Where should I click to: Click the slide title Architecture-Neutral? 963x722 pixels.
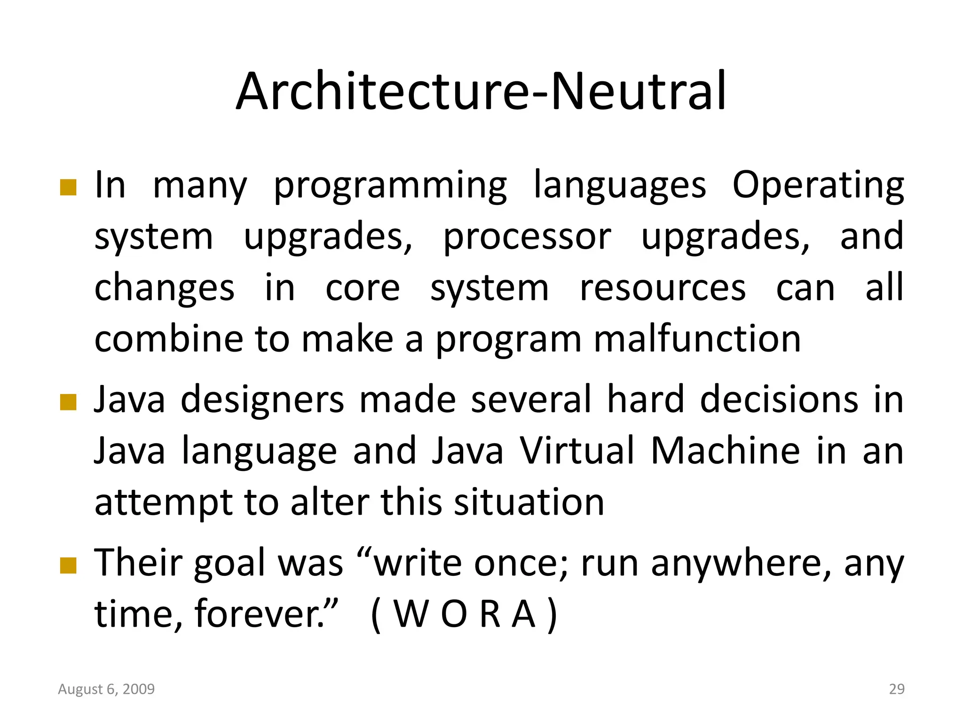coord(481,91)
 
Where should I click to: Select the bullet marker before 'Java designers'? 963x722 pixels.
coord(68,402)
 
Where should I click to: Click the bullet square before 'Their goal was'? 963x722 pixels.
coord(68,565)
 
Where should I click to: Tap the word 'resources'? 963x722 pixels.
coord(663,288)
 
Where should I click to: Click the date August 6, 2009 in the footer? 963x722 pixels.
coord(106,689)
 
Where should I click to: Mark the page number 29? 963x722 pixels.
coord(897,689)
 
